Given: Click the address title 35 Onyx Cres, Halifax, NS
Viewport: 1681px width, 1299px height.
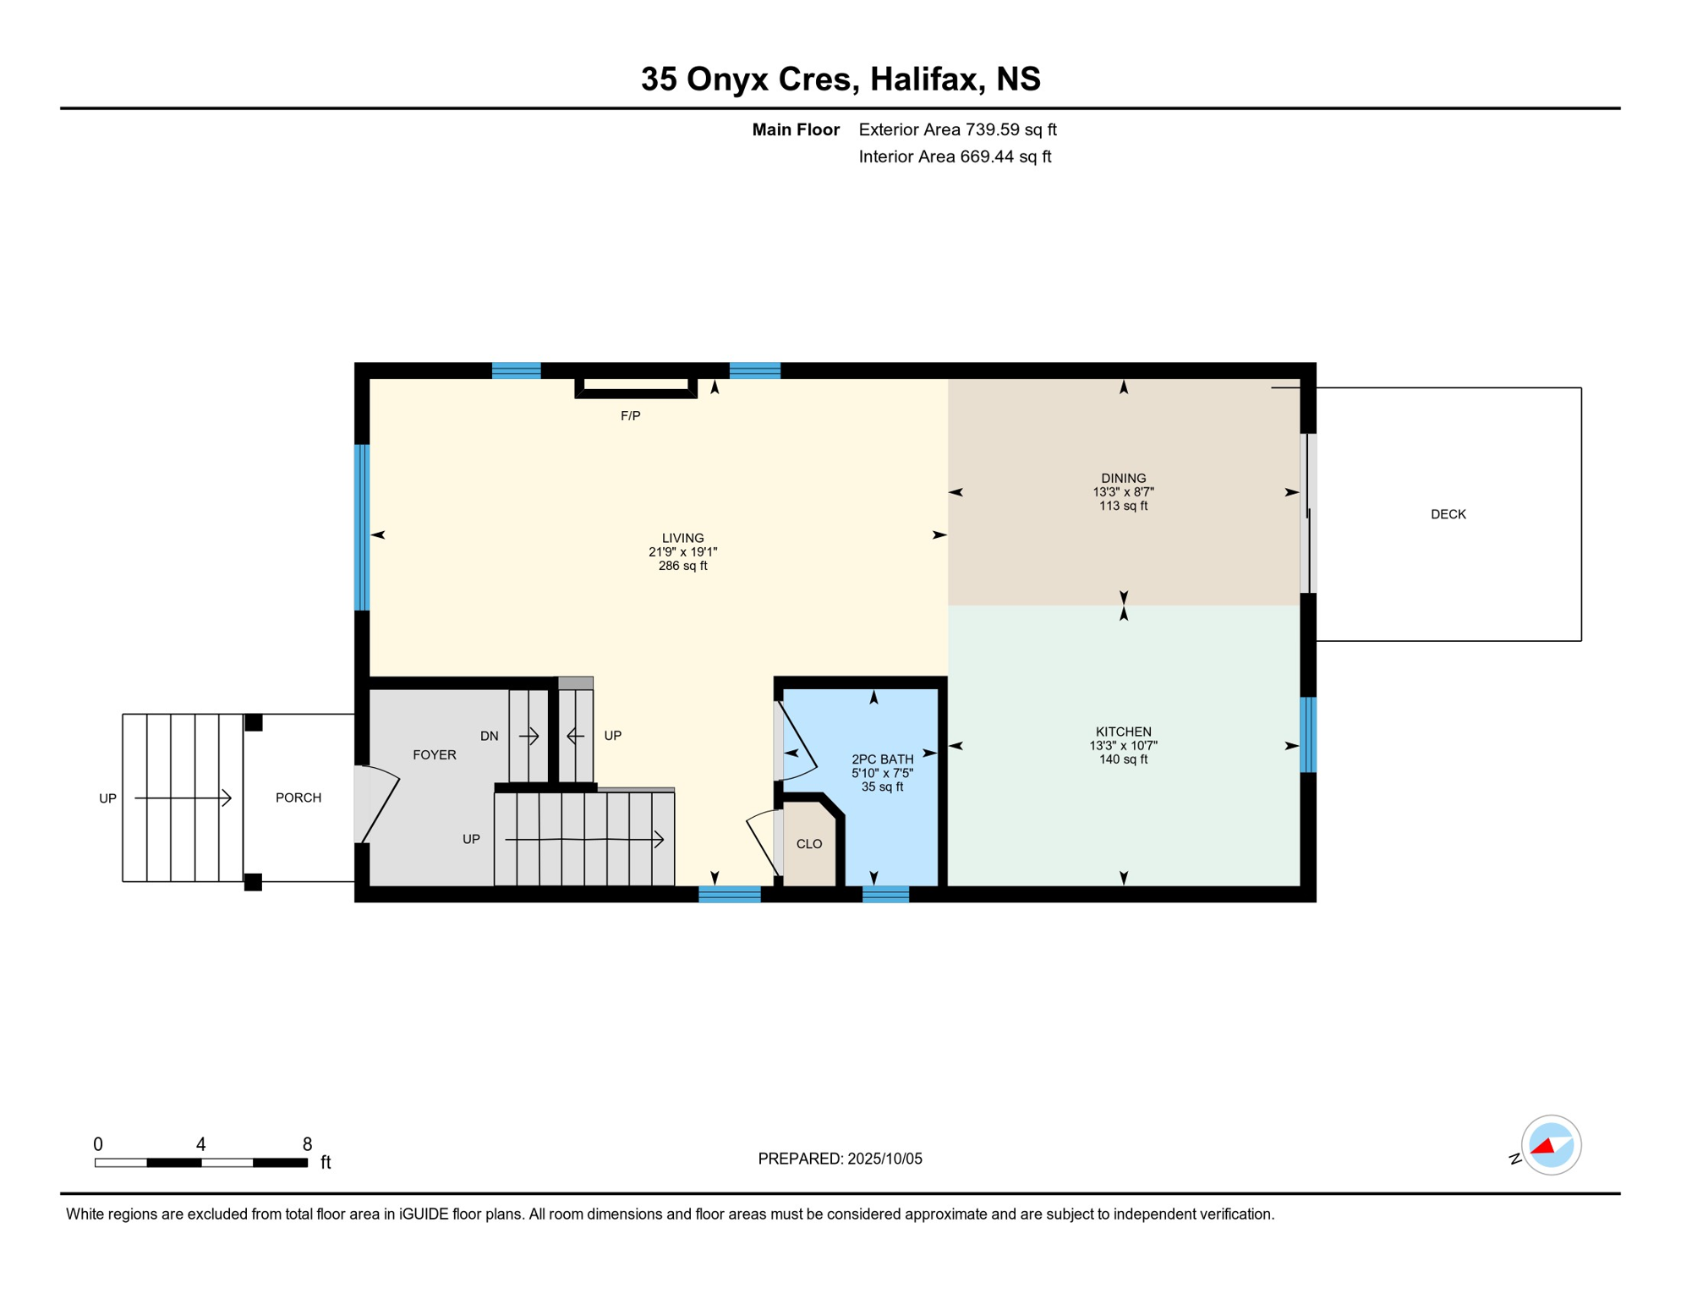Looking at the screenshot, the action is tap(840, 79).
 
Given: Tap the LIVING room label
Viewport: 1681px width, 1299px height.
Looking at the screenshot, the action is tap(682, 538).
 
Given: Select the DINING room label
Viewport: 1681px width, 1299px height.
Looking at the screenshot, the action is tap(1123, 478).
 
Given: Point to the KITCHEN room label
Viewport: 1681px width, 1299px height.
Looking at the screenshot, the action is tap(1123, 732).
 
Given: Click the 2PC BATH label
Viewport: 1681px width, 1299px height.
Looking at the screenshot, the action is tap(882, 759).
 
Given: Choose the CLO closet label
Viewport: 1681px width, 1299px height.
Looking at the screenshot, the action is tap(809, 844).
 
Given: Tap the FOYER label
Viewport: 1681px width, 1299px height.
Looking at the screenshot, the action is tap(435, 755).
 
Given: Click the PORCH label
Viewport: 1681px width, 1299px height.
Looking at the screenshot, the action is tap(298, 797).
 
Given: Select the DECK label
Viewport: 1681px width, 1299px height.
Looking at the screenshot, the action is tap(1448, 514).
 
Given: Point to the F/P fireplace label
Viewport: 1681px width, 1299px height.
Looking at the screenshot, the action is tap(631, 416).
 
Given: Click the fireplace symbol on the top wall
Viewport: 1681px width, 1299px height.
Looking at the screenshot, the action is tap(636, 387).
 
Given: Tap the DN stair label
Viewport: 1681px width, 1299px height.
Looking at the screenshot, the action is tap(490, 736).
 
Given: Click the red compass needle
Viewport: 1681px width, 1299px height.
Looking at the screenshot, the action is tap(1543, 1146).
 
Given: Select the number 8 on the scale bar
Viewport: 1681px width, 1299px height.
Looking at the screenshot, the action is tap(307, 1144).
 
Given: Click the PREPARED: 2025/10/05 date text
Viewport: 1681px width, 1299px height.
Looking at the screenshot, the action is tap(840, 1159).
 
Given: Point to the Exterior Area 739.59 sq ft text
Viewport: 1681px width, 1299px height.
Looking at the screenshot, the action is tap(957, 129).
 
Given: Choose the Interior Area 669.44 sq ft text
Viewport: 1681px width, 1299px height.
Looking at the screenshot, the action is tap(955, 156).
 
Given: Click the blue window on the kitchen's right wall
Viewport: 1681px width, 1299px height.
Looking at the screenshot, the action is tap(1307, 734).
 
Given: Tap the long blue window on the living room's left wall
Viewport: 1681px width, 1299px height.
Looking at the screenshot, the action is tap(362, 527).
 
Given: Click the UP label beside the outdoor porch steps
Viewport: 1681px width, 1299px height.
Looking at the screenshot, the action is tap(107, 798).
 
